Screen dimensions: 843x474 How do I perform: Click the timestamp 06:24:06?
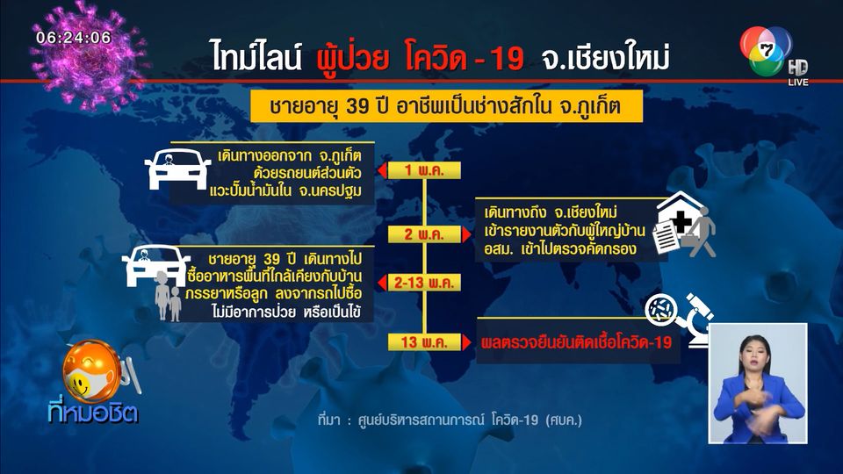click(x=74, y=38)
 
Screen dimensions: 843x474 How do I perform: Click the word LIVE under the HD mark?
click(x=798, y=83)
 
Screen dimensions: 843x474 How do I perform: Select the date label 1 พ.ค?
click(x=424, y=170)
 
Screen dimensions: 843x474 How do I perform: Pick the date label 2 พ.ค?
click(x=424, y=234)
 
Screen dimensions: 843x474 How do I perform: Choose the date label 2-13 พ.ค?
click(x=424, y=283)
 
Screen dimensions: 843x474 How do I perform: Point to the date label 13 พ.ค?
click(x=424, y=341)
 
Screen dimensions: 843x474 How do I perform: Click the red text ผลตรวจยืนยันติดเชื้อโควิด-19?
click(x=576, y=342)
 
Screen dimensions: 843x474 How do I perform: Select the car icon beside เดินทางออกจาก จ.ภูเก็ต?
click(x=177, y=169)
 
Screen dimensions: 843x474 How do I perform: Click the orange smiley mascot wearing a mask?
click(x=92, y=372)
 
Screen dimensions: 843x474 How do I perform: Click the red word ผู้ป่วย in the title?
click(x=352, y=58)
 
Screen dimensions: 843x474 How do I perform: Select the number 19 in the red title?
click(x=507, y=59)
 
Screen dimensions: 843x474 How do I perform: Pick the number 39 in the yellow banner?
click(x=357, y=106)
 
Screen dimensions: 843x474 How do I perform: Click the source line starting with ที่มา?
click(x=450, y=420)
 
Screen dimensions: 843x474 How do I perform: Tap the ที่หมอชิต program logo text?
click(x=92, y=413)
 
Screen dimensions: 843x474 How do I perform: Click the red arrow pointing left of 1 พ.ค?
click(x=382, y=170)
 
